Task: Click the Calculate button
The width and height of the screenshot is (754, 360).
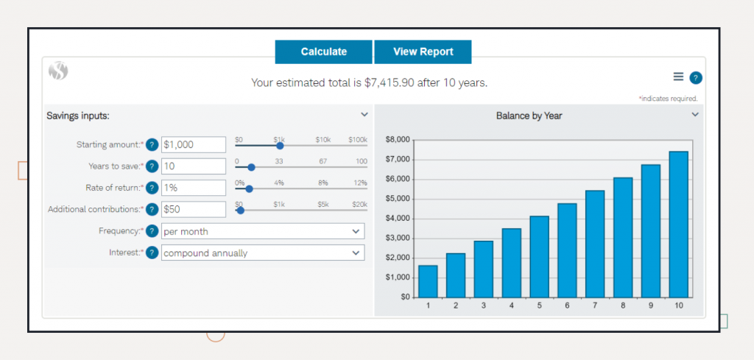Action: point(324,52)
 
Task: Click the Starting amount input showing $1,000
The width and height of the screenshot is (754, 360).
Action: point(193,145)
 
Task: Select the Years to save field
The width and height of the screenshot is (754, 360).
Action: point(193,166)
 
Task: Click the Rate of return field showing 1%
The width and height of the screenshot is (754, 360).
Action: point(193,188)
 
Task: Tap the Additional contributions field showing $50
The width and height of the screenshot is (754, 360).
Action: point(193,209)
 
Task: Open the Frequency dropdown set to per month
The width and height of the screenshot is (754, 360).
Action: point(262,231)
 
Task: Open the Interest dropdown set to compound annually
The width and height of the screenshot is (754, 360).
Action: point(262,253)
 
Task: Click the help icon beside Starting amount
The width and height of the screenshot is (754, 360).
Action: point(152,145)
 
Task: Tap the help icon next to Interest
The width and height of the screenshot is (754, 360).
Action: point(152,253)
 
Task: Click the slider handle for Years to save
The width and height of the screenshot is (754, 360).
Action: point(251,167)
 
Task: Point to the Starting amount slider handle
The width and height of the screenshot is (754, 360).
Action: point(280,146)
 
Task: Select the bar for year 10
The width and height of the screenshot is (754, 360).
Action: point(679,224)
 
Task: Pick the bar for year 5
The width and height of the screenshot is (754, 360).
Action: point(539,256)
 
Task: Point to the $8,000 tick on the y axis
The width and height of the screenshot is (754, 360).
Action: point(398,139)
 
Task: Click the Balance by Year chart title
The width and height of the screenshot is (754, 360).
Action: point(529,116)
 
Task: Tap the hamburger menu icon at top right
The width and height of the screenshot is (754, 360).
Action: point(678,77)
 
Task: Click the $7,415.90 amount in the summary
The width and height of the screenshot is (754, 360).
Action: point(390,82)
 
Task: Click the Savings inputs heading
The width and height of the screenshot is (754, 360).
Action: point(78,116)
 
